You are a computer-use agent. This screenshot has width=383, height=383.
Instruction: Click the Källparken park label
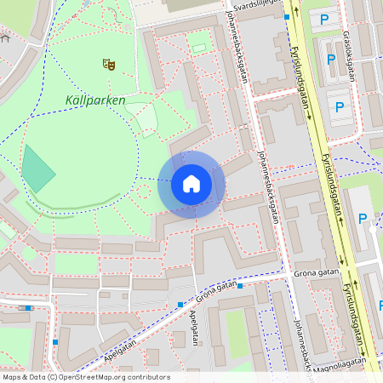(94, 100)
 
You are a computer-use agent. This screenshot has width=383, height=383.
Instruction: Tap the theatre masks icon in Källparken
(108, 64)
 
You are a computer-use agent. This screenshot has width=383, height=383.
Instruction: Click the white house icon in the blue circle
(191, 184)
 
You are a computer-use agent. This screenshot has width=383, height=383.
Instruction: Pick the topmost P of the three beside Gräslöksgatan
(323, 19)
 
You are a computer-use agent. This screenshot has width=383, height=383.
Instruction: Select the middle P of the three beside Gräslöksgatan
(331, 60)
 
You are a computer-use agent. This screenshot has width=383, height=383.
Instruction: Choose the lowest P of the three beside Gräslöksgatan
(340, 107)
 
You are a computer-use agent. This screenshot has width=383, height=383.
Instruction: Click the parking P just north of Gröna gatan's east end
(362, 219)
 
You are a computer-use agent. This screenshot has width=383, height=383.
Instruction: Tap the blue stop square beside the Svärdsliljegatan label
(287, 16)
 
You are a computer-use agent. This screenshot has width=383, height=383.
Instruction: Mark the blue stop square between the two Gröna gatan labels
(240, 286)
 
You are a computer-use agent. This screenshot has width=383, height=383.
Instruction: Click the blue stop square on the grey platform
(30, 308)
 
